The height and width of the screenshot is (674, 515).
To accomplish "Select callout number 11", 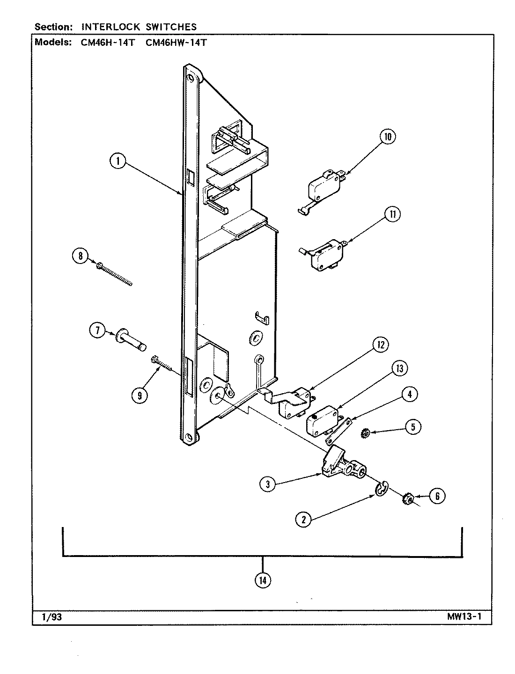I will coord(392,214).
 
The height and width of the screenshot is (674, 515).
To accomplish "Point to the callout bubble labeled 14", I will coord(263,580).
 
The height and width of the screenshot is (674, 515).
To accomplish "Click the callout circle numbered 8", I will coord(81,256).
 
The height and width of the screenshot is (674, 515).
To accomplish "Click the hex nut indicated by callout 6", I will coord(407,499).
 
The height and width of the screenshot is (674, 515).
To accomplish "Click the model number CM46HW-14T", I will coord(176,43).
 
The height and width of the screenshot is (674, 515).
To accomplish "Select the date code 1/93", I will coord(52,617).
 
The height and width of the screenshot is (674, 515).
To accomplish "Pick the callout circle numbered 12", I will coord(381,345).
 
